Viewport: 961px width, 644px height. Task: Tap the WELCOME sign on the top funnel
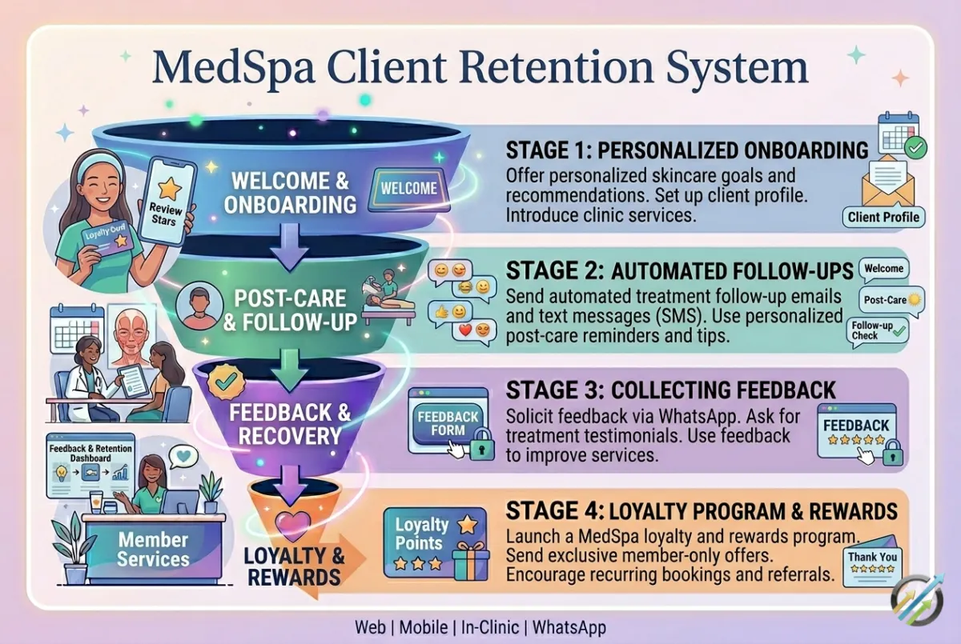(x=408, y=189)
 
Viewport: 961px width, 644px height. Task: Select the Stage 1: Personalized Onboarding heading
(x=688, y=150)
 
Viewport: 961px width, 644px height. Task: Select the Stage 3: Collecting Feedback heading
(x=671, y=390)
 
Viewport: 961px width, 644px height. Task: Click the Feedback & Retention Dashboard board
(x=90, y=467)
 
